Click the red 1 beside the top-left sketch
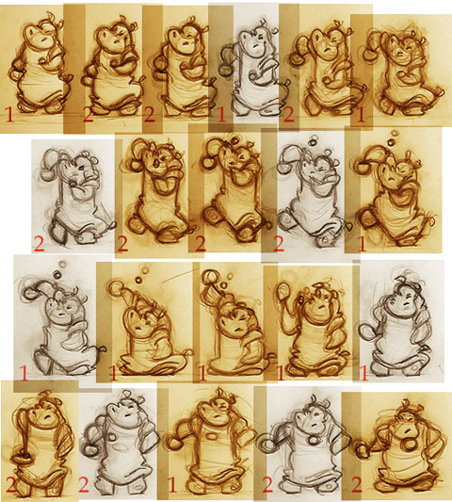(x=9, y=115)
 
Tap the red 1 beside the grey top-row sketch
(x=221, y=115)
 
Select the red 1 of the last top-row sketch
(x=361, y=116)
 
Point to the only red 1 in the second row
(x=363, y=244)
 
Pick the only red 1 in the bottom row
(x=172, y=486)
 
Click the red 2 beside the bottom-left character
(x=11, y=485)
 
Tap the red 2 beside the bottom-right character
(x=357, y=485)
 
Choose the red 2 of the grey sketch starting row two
(x=39, y=244)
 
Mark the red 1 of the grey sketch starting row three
(x=24, y=373)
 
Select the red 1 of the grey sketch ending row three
(x=364, y=373)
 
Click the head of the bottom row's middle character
(x=212, y=412)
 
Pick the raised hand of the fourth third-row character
(x=282, y=291)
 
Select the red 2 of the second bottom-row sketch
(x=83, y=485)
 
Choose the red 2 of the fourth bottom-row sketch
(x=268, y=485)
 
